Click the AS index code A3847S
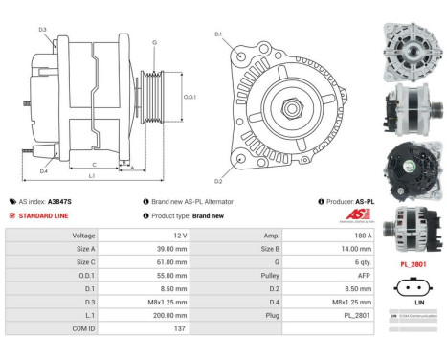click(59, 202)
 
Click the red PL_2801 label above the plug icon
click(412, 263)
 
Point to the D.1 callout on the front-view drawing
click(218, 34)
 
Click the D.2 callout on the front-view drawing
click(218, 181)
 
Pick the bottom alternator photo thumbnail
click(411, 227)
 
